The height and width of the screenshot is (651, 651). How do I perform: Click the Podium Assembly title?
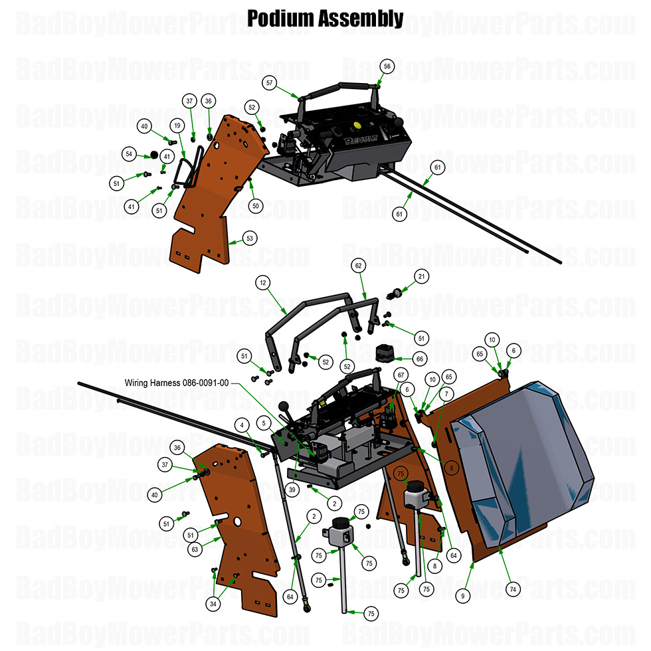(x=325, y=18)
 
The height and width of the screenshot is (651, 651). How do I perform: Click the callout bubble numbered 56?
(x=387, y=66)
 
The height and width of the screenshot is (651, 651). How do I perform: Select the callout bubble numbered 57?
(x=269, y=83)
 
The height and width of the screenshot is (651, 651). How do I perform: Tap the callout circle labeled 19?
(x=177, y=125)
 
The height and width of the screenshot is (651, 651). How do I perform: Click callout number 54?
(x=130, y=154)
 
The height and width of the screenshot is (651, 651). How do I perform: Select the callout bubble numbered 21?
(x=421, y=276)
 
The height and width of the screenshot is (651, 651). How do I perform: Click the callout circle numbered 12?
(x=263, y=283)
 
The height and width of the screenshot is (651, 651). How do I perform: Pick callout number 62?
(x=359, y=266)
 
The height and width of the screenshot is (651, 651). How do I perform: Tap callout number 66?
(x=419, y=358)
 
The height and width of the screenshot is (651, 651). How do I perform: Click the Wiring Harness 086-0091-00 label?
(x=177, y=383)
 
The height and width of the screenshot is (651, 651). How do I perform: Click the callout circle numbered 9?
(x=462, y=597)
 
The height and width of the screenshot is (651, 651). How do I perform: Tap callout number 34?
(x=213, y=604)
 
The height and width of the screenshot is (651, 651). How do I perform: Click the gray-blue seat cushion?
(x=525, y=458)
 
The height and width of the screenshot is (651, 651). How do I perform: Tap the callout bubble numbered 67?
(x=401, y=375)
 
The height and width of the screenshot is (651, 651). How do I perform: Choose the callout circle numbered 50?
(x=255, y=206)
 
